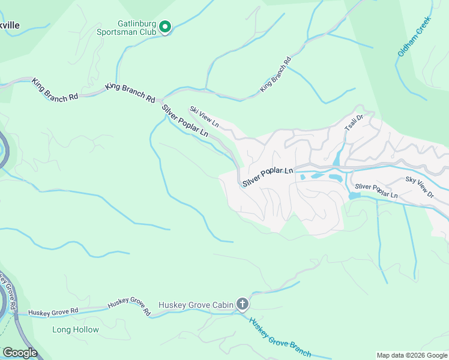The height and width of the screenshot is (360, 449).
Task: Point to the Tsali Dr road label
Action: (354, 123)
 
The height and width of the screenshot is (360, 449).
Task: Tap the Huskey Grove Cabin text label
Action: (195, 305)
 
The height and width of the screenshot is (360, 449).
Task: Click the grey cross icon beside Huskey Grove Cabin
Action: (243, 304)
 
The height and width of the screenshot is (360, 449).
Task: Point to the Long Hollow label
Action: (76, 329)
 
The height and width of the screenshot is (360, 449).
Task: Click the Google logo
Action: (19, 353)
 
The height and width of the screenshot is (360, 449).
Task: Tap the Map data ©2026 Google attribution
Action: (411, 355)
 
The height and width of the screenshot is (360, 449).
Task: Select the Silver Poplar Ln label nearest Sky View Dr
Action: (376, 191)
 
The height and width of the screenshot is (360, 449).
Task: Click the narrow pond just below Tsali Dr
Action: (337, 158)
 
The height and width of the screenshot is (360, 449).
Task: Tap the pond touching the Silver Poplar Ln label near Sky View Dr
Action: (354, 196)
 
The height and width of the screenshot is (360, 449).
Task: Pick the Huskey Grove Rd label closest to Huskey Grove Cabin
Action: (129, 307)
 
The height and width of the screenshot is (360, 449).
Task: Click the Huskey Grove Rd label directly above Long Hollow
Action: (53, 312)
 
